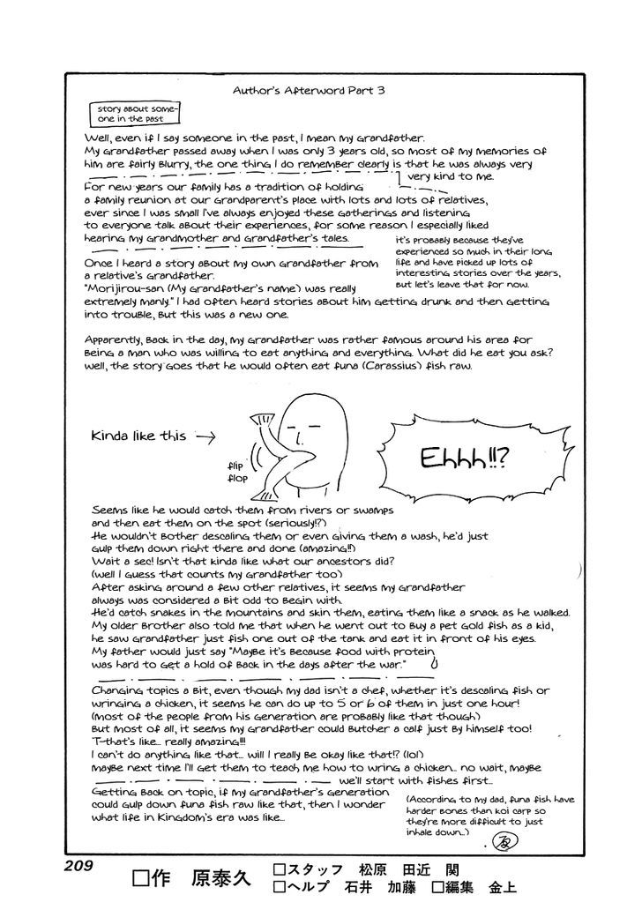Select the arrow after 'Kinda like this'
204,436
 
